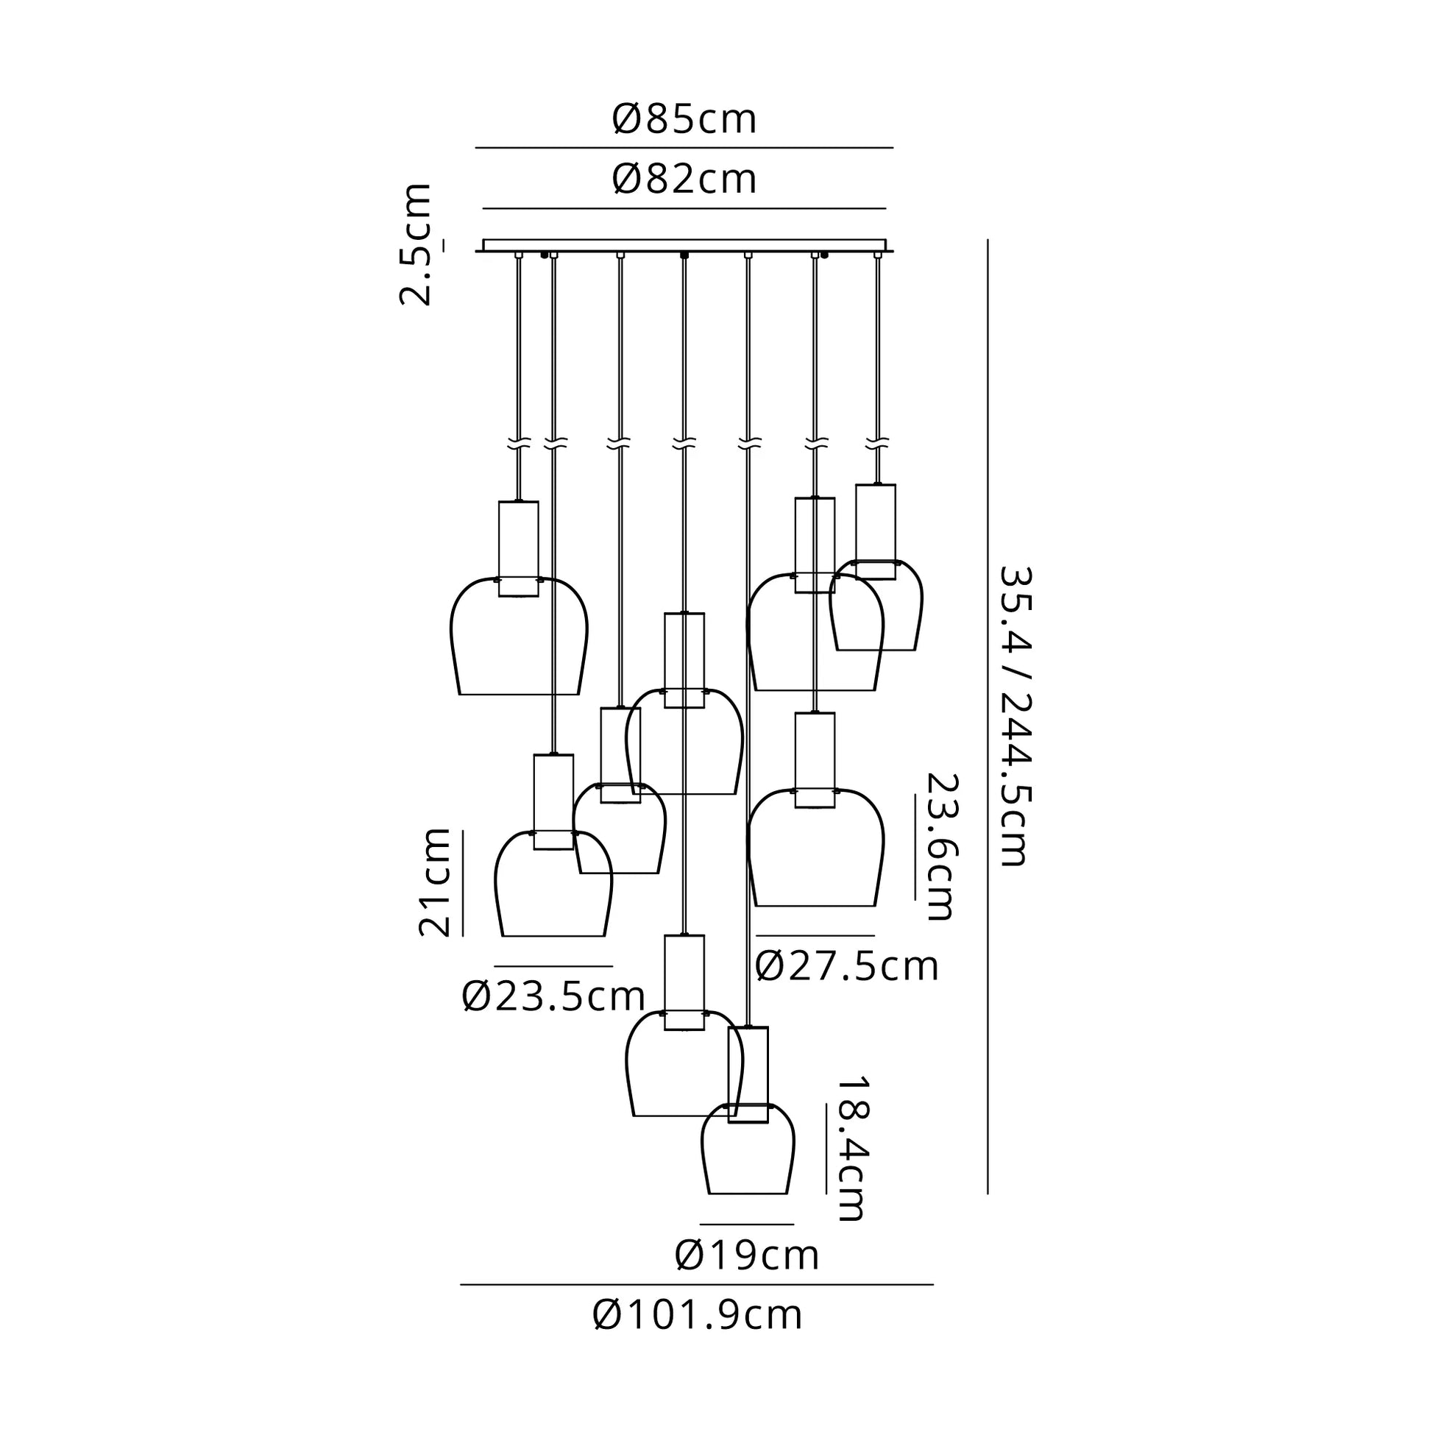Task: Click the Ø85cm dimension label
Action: pos(684,119)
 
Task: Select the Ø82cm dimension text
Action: pos(684,180)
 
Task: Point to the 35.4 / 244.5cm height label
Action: pos(1015,717)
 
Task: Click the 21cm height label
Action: pos(434,883)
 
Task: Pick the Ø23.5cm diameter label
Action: pos(553,996)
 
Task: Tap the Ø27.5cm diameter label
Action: pos(847,966)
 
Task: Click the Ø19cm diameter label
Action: pos(747,1255)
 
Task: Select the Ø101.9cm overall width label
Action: pos(698,1316)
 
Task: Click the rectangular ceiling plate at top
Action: pos(684,246)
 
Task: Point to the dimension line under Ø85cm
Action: pos(684,148)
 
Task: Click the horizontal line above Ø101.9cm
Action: pos(697,1285)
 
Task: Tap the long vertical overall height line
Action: pos(988,717)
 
